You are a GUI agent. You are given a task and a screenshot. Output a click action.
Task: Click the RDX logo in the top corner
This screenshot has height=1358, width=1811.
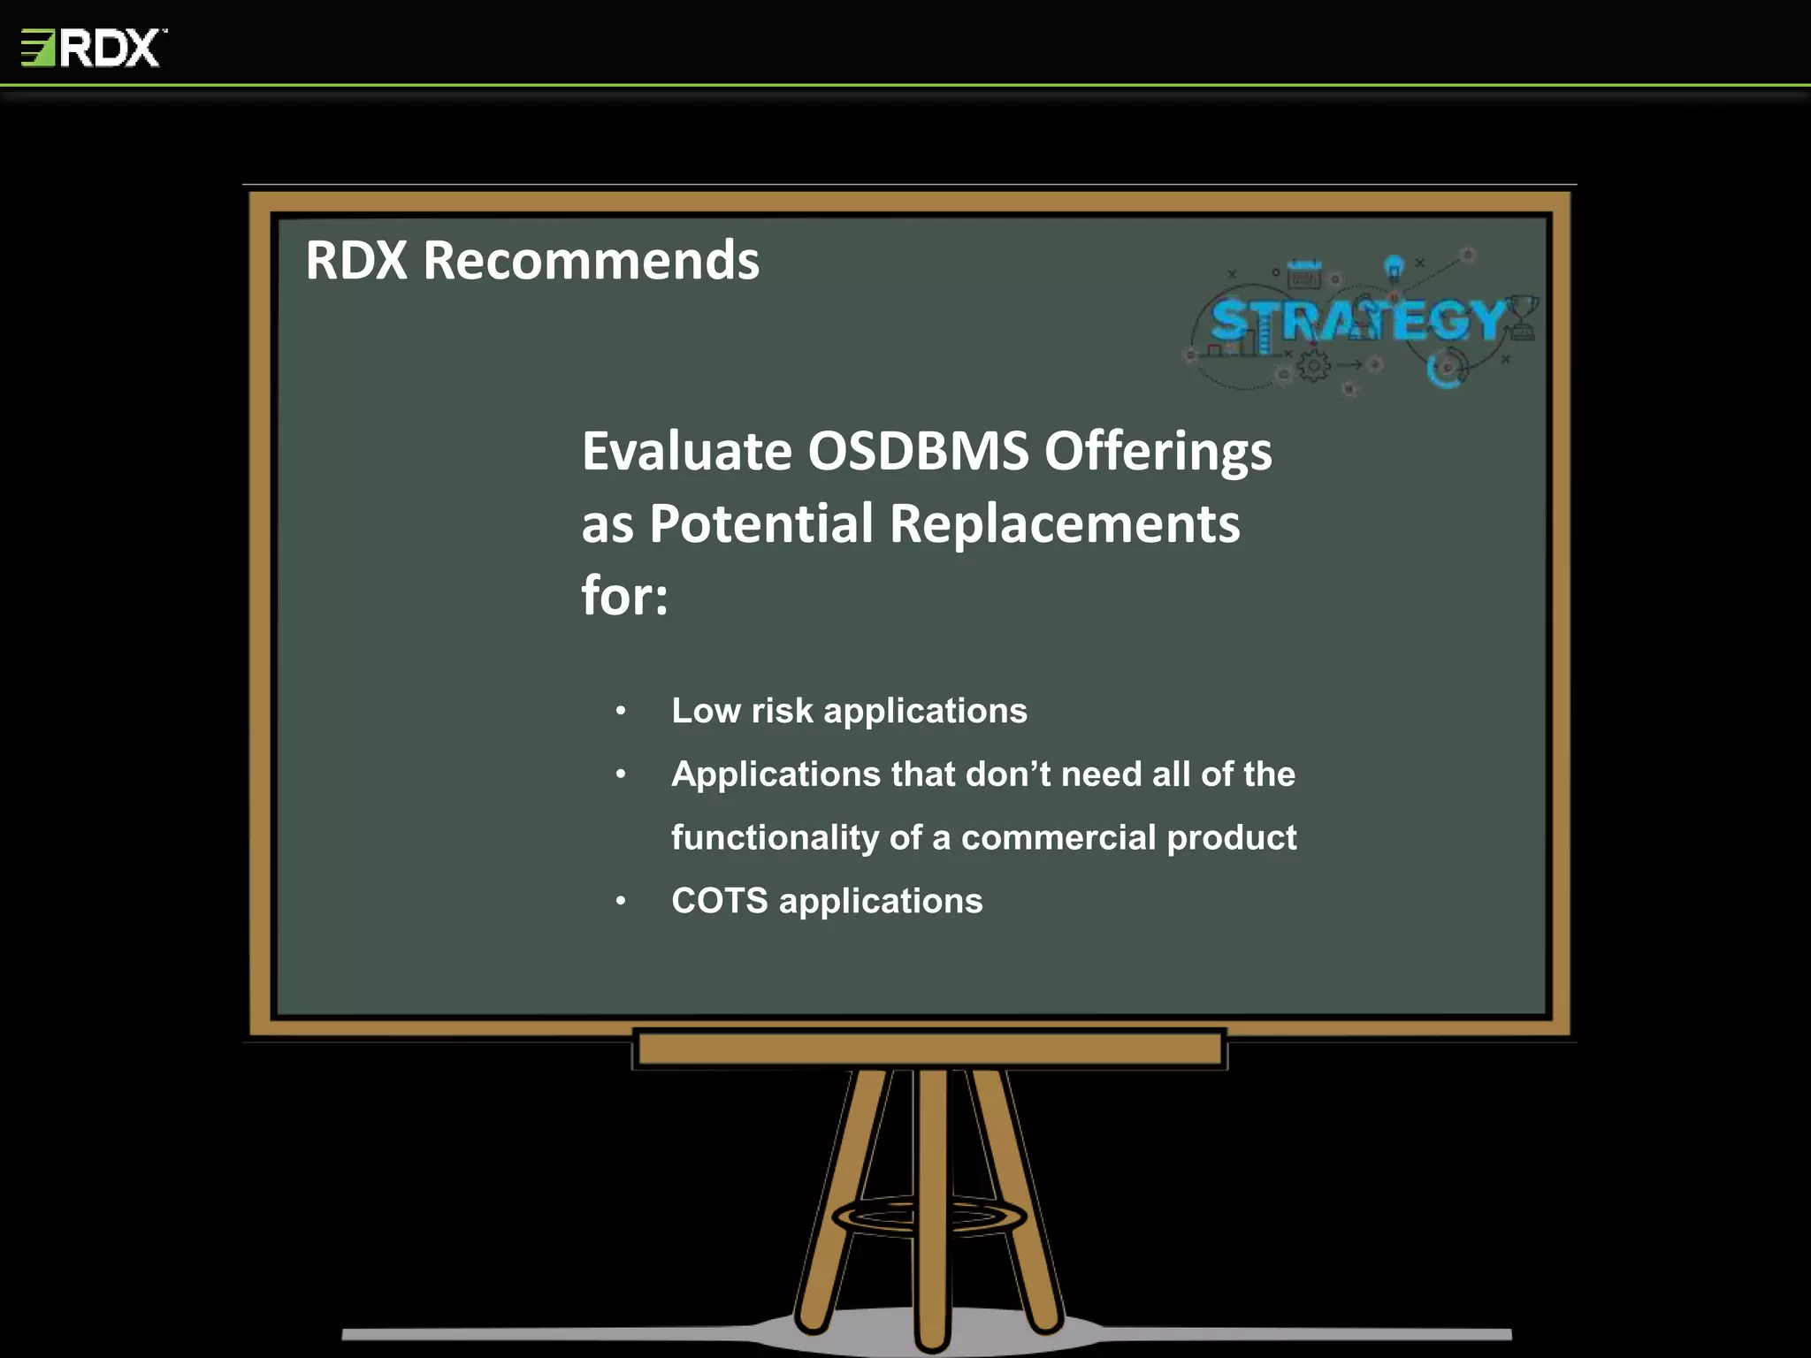point(93,48)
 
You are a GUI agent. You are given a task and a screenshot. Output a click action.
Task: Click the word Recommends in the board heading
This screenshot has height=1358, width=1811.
point(591,261)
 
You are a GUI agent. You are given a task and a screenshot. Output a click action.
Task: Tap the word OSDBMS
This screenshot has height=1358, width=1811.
point(918,451)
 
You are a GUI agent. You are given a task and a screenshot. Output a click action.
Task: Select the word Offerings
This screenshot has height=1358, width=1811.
point(1158,453)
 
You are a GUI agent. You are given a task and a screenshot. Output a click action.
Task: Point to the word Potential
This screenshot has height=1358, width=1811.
point(761,523)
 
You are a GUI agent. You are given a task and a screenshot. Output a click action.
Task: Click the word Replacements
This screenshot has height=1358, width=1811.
point(1065,523)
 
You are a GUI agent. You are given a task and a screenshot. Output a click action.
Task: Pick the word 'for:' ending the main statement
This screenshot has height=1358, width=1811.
point(624,596)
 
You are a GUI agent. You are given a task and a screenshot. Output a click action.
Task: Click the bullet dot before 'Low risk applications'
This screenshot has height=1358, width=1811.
point(621,711)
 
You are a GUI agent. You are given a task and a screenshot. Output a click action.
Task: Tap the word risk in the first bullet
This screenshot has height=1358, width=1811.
point(782,711)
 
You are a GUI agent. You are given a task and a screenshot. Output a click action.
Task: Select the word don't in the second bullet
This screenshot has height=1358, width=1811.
point(1007,774)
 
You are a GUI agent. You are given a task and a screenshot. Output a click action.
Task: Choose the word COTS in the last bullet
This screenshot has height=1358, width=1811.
point(719,901)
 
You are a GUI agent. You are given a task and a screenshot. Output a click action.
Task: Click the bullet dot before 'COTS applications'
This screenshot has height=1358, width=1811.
point(621,901)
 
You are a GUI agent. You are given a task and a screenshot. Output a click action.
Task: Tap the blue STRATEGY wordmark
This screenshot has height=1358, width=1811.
point(1357,320)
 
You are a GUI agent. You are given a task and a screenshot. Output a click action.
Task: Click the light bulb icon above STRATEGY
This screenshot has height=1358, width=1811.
point(1394,266)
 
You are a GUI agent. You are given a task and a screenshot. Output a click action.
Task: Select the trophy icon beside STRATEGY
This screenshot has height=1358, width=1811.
point(1522,317)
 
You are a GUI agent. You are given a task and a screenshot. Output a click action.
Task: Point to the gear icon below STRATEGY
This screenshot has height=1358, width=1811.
point(1313,365)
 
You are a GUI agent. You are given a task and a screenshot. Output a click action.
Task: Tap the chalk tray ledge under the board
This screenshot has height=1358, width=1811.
point(929,1049)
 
